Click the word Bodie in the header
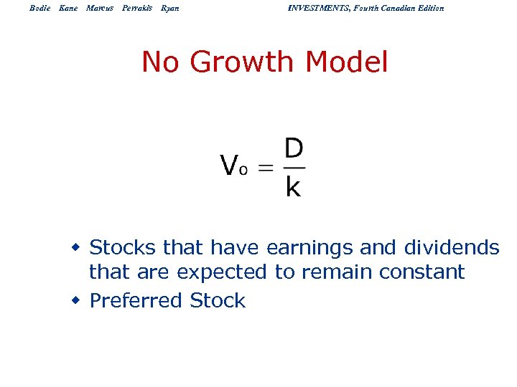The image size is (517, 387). [x=40, y=8]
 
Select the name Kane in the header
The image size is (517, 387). [x=68, y=8]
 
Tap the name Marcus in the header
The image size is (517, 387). [x=99, y=8]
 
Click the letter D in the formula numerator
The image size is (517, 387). [x=294, y=149]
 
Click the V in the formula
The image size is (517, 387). [x=229, y=166]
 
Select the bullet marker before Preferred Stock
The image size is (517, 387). [x=75, y=300]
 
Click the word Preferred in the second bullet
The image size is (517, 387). [x=136, y=301]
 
